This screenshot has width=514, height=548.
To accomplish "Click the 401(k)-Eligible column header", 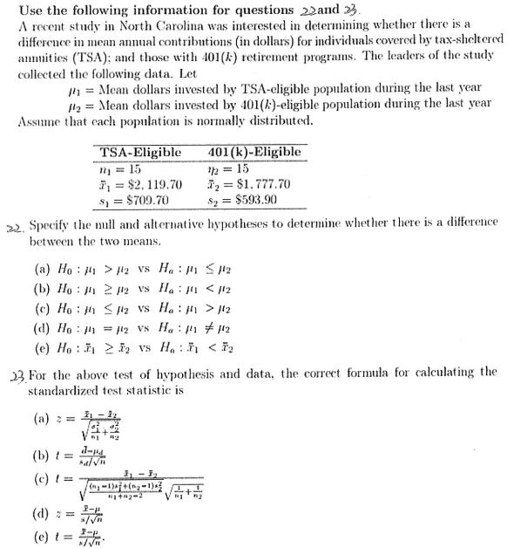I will pos(255,153).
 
